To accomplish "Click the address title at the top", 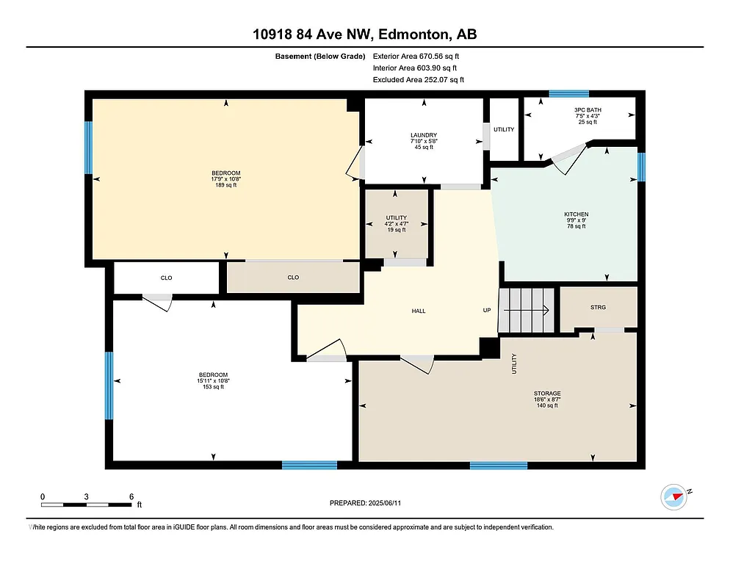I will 365,35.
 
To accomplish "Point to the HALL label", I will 419,311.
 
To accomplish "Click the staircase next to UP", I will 527,310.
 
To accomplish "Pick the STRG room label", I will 598,307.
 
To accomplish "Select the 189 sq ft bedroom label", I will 224,180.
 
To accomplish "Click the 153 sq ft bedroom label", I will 213,381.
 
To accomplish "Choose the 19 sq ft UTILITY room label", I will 396,224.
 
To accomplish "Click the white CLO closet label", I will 167,278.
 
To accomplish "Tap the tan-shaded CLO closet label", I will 293,278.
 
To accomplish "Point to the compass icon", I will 673,497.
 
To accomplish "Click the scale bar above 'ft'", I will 87,505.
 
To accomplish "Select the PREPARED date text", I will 365,503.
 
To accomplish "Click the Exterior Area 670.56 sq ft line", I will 416,56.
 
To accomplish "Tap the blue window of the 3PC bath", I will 569,94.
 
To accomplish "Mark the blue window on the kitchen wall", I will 641,167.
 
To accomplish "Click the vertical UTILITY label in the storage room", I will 514,364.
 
